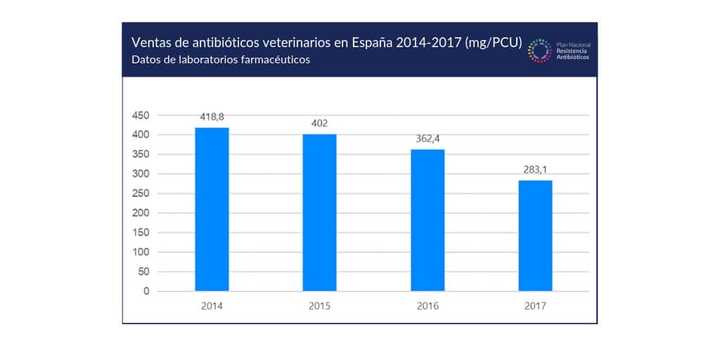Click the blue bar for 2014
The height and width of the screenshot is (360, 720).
pos(212,209)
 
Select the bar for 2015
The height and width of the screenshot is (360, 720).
pos(319,212)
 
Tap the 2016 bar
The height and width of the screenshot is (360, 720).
pos(427,219)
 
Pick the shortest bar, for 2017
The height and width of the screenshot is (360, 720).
pos(535,236)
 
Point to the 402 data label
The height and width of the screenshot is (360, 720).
pos(319,123)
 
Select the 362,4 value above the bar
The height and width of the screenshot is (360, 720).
pos(427,139)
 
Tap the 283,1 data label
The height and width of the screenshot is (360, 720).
pos(535,169)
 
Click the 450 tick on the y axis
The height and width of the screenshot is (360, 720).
pos(141,115)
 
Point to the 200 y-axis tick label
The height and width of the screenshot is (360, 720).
pos(141,213)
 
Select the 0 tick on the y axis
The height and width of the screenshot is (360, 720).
pos(146,291)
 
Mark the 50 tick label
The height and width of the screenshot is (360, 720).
pos(143,271)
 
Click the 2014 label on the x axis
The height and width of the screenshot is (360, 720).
pos(212,307)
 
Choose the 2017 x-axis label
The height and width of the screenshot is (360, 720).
pos(535,307)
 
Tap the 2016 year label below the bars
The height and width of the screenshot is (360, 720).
pos(427,307)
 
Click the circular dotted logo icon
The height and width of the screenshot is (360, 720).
pos(540,51)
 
